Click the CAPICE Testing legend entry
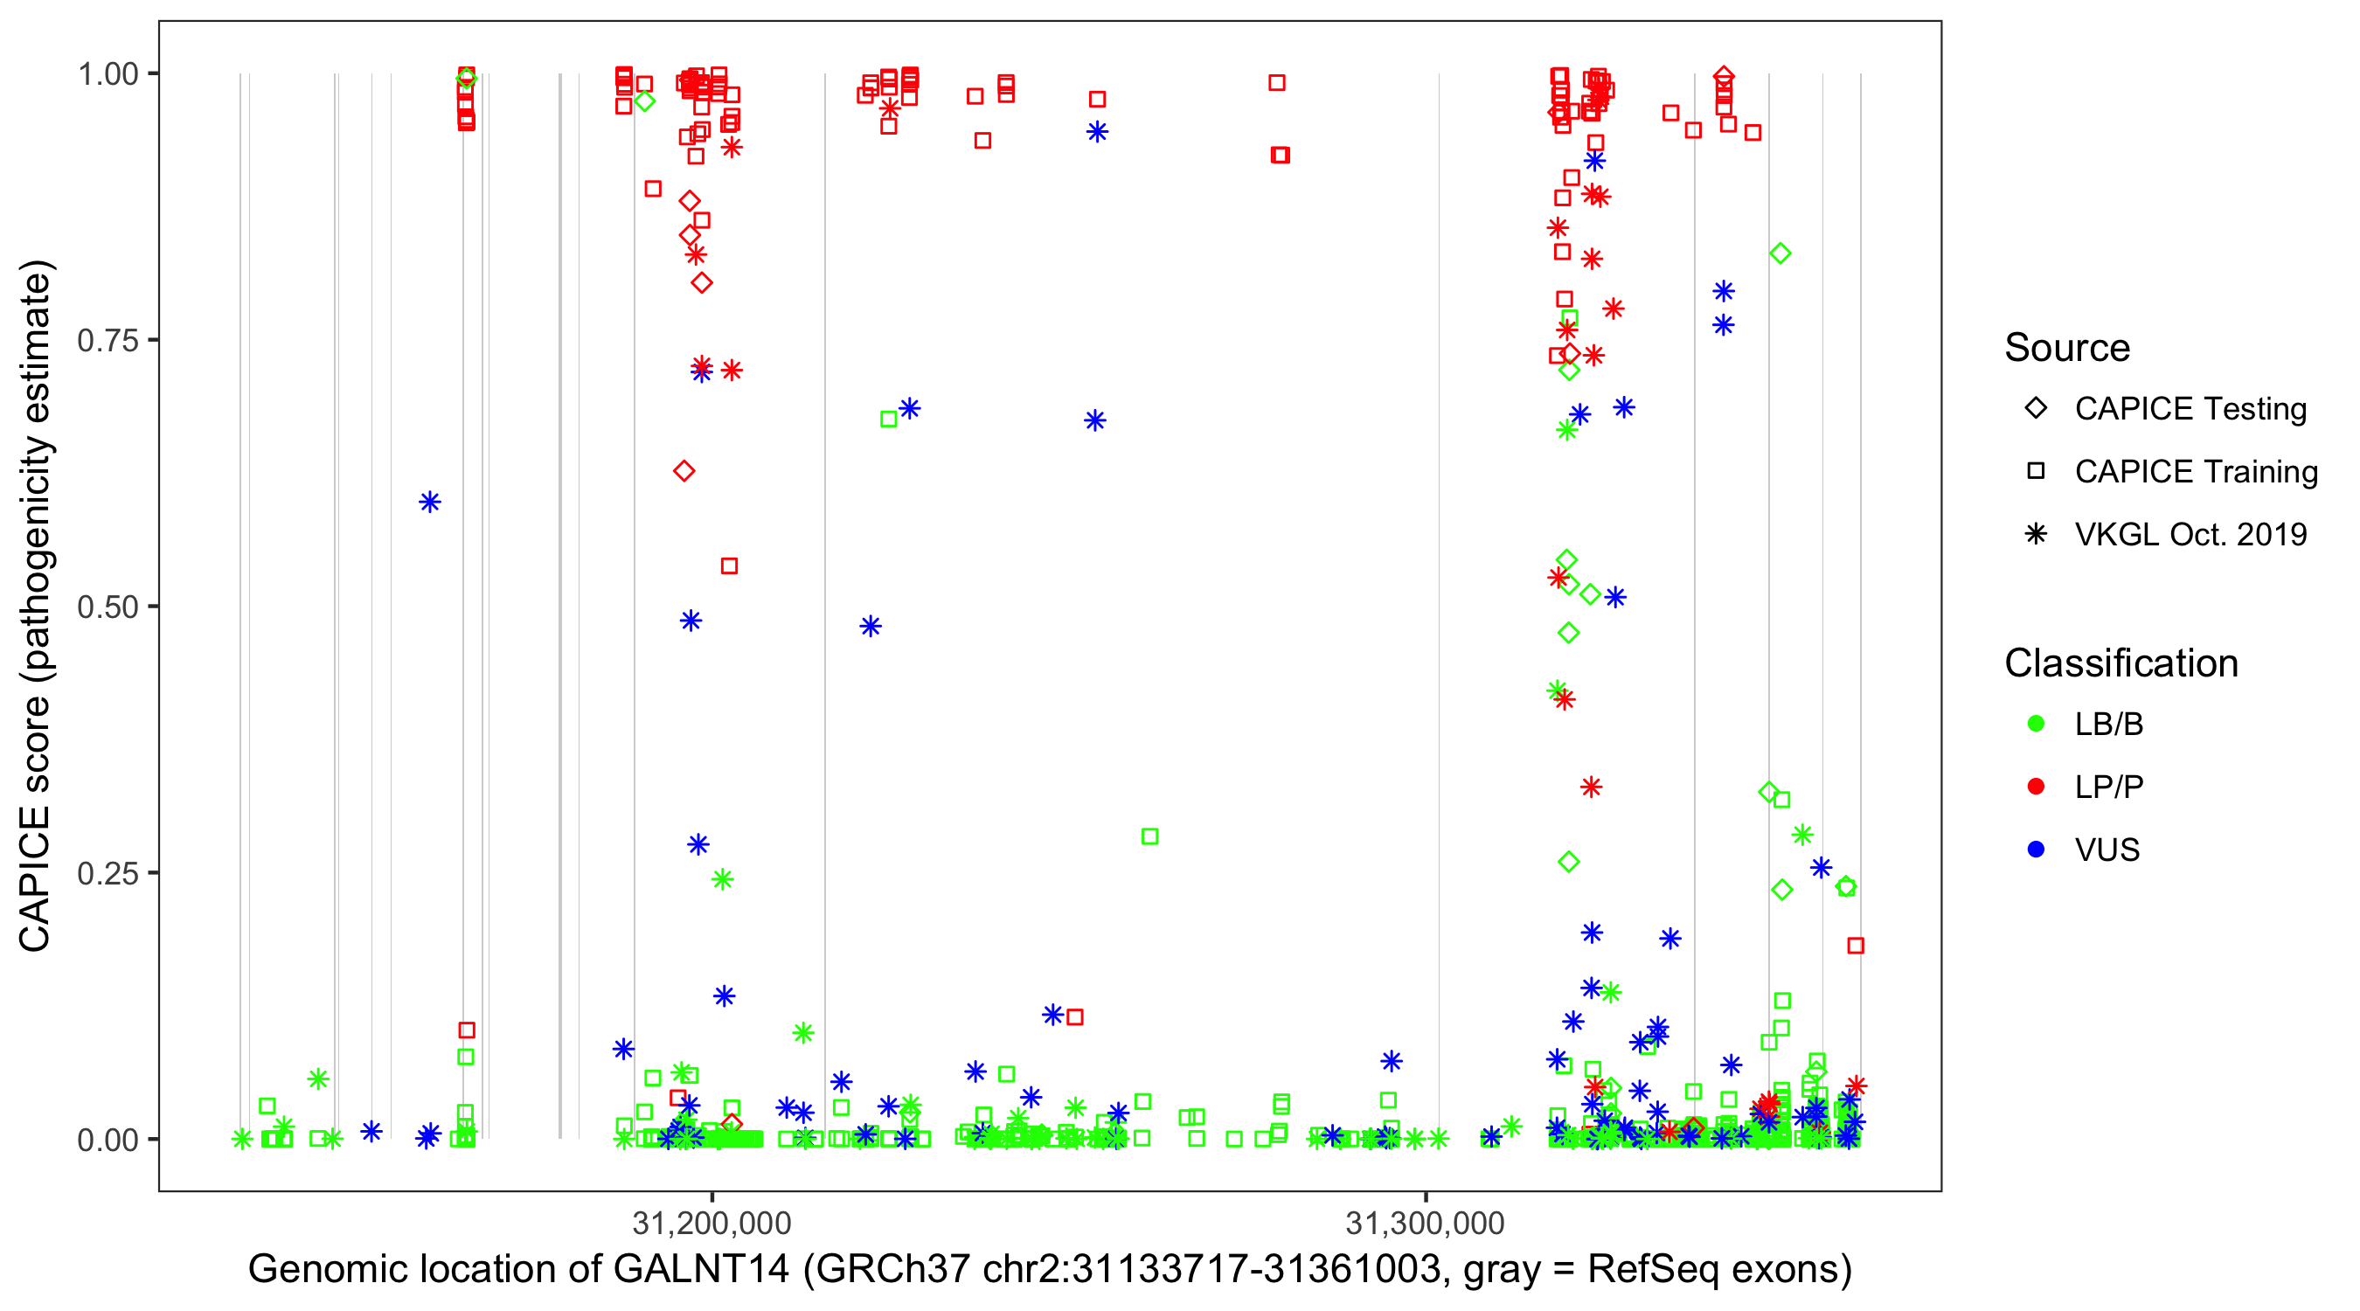2190,409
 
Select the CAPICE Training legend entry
2195,472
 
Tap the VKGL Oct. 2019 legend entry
2190,534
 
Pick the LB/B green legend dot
2036,724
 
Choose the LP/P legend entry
2108,787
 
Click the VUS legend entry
2107,850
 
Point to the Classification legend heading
2120,663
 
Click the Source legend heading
2067,348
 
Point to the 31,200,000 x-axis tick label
711,1223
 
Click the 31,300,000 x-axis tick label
1425,1223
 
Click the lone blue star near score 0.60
430,502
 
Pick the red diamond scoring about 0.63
684,472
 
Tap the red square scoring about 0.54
729,566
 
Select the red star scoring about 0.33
1592,787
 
